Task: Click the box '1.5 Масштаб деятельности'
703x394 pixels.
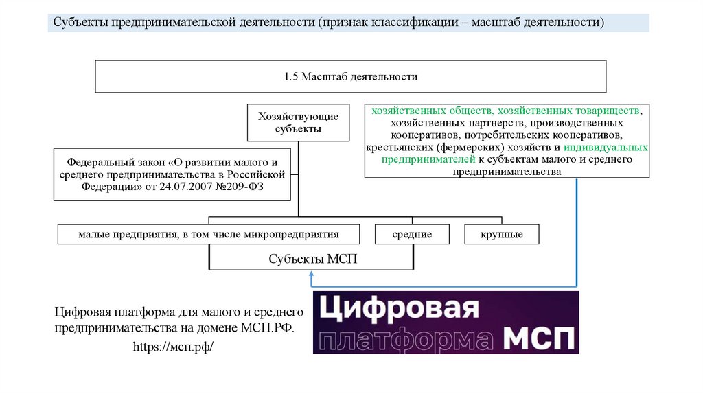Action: click(350, 76)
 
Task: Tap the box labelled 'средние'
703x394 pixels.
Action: click(412, 235)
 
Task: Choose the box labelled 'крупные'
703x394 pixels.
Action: click(503, 235)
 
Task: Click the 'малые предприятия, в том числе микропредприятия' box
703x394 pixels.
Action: click(209, 235)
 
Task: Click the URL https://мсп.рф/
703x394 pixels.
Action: click(174, 347)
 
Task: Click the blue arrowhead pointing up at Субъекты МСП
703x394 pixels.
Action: click(312, 274)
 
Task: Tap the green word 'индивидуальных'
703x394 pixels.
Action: click(606, 148)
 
